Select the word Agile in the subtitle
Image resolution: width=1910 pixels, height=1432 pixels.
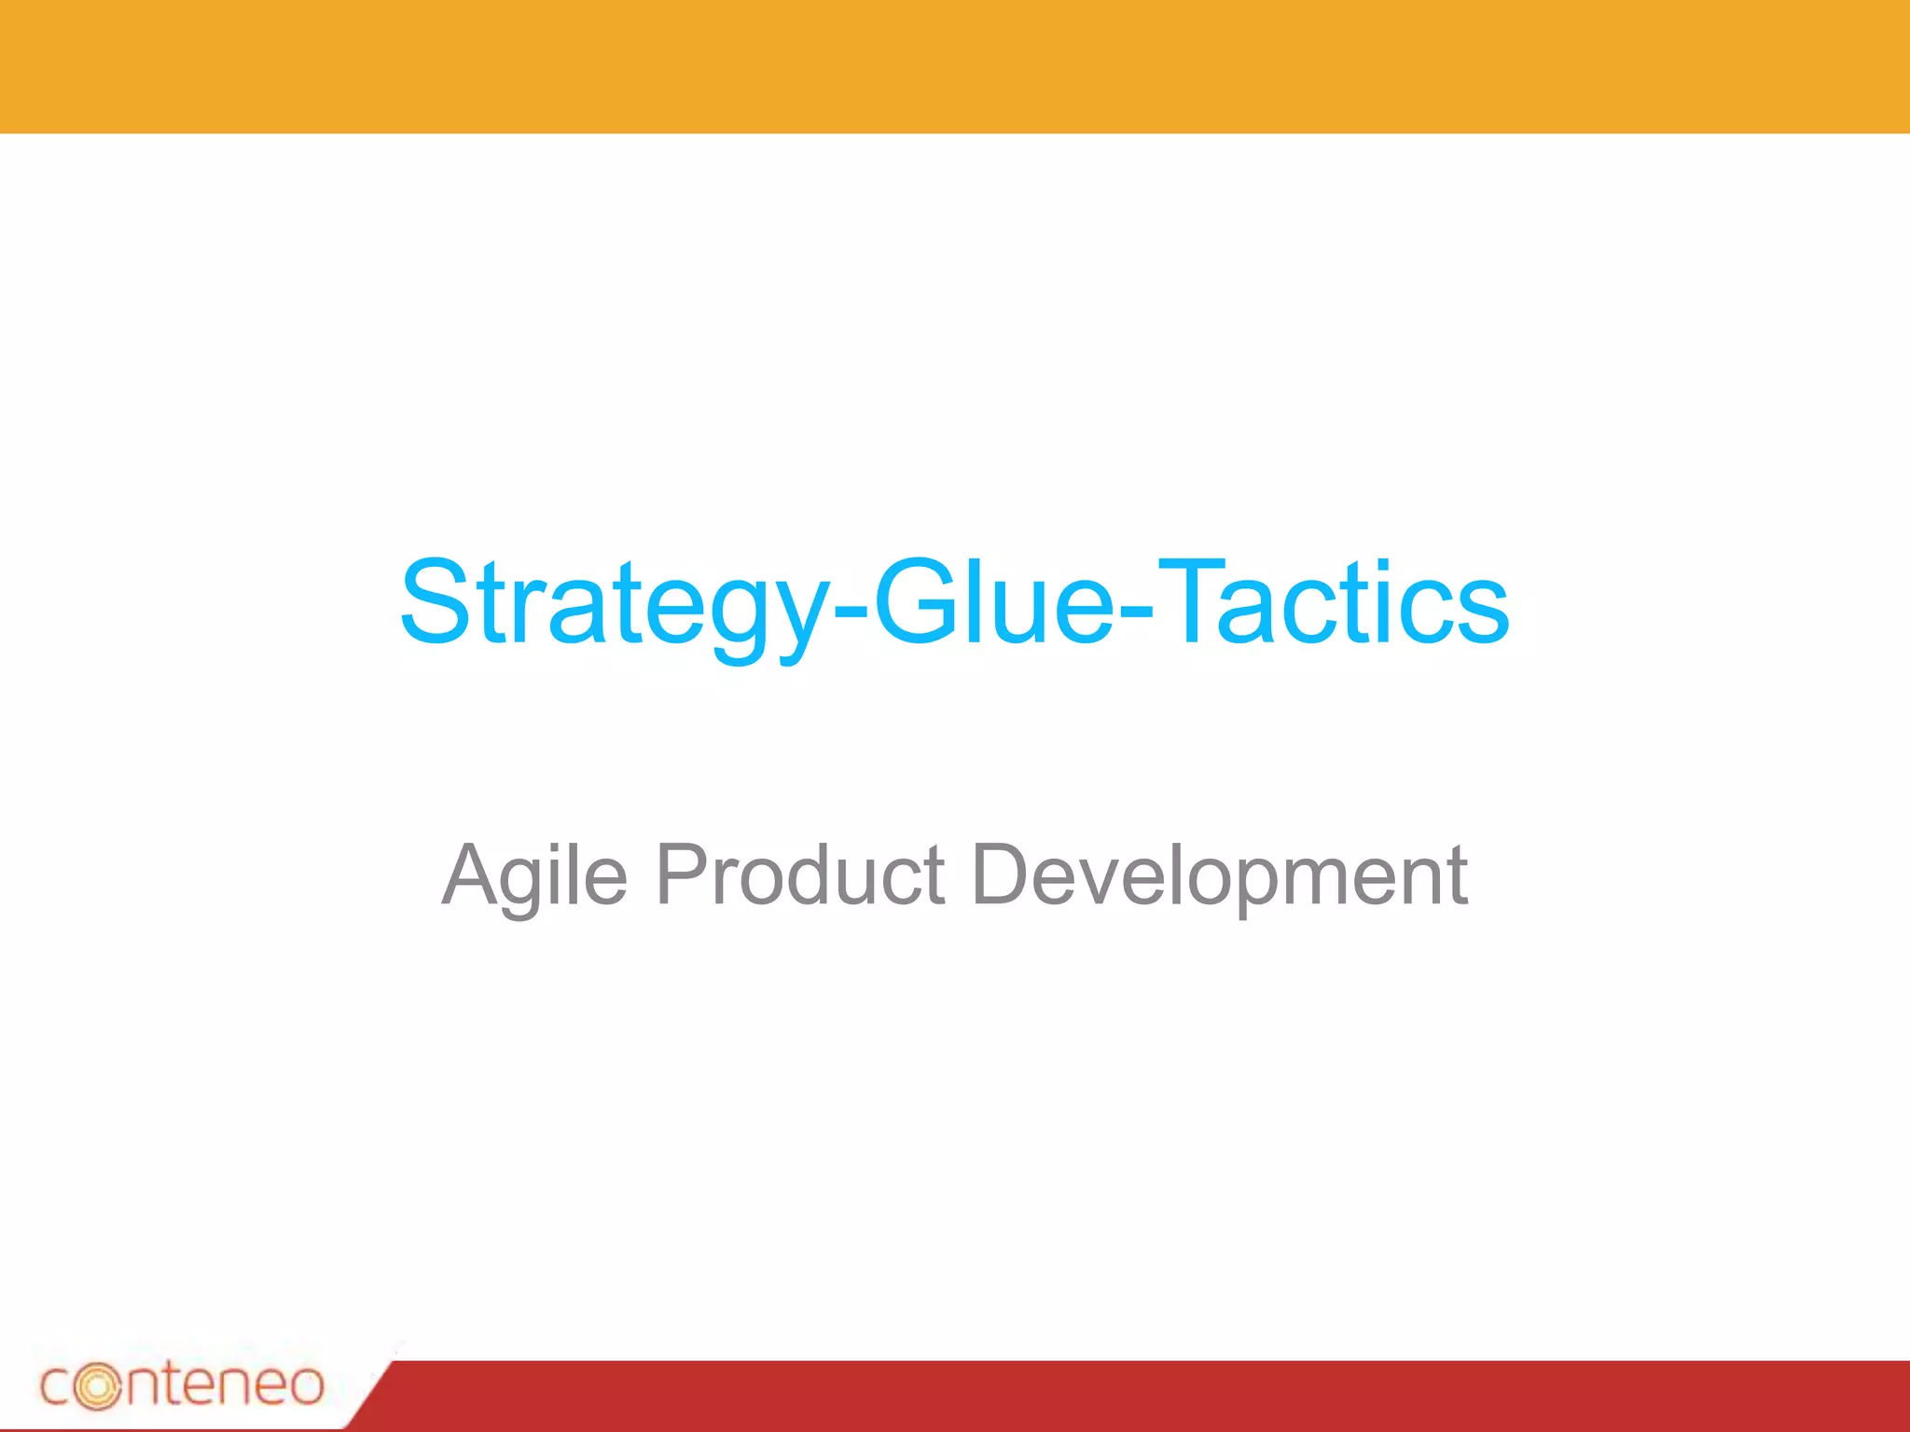(533, 876)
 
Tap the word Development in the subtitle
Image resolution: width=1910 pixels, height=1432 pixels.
(1219, 876)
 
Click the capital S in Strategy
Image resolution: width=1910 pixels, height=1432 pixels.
(434, 601)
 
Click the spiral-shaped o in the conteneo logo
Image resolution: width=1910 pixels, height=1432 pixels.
(97, 1386)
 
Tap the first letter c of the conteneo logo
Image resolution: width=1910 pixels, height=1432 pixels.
(56, 1386)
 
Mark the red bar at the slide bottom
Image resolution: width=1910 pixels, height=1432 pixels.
(1119, 1396)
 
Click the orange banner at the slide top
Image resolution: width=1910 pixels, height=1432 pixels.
(955, 65)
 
